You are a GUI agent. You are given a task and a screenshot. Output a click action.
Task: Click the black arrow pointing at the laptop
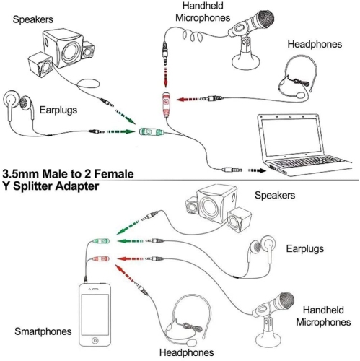[x=256, y=171]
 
